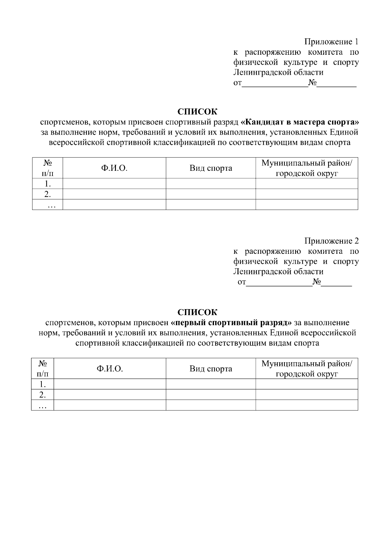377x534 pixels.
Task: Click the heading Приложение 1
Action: coord(331,42)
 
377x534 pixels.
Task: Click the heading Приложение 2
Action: coord(331,241)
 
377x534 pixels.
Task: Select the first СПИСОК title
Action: coord(197,112)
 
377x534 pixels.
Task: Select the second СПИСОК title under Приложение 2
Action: coord(197,312)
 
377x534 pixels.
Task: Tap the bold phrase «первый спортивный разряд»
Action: coord(232,323)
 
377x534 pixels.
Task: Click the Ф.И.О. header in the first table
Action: coord(114,168)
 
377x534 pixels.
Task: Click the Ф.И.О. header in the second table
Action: coord(110,369)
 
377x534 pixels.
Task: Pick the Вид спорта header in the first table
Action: coord(211,168)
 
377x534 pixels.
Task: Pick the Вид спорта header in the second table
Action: coord(211,369)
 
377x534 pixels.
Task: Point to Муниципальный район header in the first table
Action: coord(307,164)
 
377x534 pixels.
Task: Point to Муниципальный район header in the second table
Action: coord(307,364)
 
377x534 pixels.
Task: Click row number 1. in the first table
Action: coord(48,184)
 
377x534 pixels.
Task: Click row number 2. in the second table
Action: coord(42,394)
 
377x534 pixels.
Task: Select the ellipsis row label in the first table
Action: coord(51,205)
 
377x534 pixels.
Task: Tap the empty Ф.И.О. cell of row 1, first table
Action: coord(114,184)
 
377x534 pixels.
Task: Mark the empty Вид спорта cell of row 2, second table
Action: coord(211,394)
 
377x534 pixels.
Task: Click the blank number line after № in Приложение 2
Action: coord(336,283)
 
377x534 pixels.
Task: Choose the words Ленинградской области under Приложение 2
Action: coord(278,271)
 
